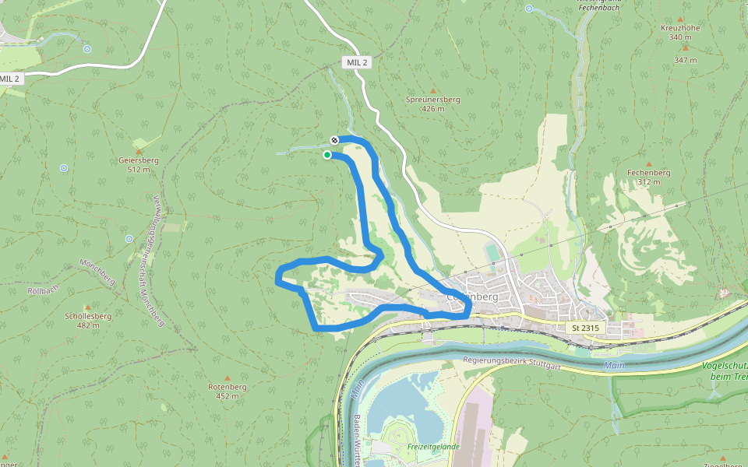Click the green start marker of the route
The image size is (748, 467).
(x=327, y=155)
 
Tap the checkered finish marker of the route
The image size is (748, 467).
(x=334, y=140)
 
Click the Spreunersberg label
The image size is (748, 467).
(x=433, y=100)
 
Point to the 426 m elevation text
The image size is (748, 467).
(x=433, y=109)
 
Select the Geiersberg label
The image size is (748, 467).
(x=139, y=160)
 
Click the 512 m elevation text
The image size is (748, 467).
(x=139, y=170)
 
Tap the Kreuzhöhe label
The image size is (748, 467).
(x=680, y=27)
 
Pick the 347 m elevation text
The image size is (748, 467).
(x=686, y=60)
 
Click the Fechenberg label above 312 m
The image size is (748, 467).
(x=649, y=173)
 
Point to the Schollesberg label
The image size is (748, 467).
(x=88, y=316)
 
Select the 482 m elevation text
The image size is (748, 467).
(x=88, y=325)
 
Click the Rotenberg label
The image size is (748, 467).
(x=228, y=387)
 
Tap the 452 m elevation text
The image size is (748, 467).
(x=228, y=396)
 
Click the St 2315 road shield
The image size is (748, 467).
(x=585, y=328)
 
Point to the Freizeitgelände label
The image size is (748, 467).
(x=433, y=447)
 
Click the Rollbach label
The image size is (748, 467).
(x=44, y=290)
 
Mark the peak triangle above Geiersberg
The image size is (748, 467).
(x=139, y=150)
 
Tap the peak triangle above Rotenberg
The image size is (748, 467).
(x=228, y=377)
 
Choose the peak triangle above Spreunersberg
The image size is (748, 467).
(x=433, y=90)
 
